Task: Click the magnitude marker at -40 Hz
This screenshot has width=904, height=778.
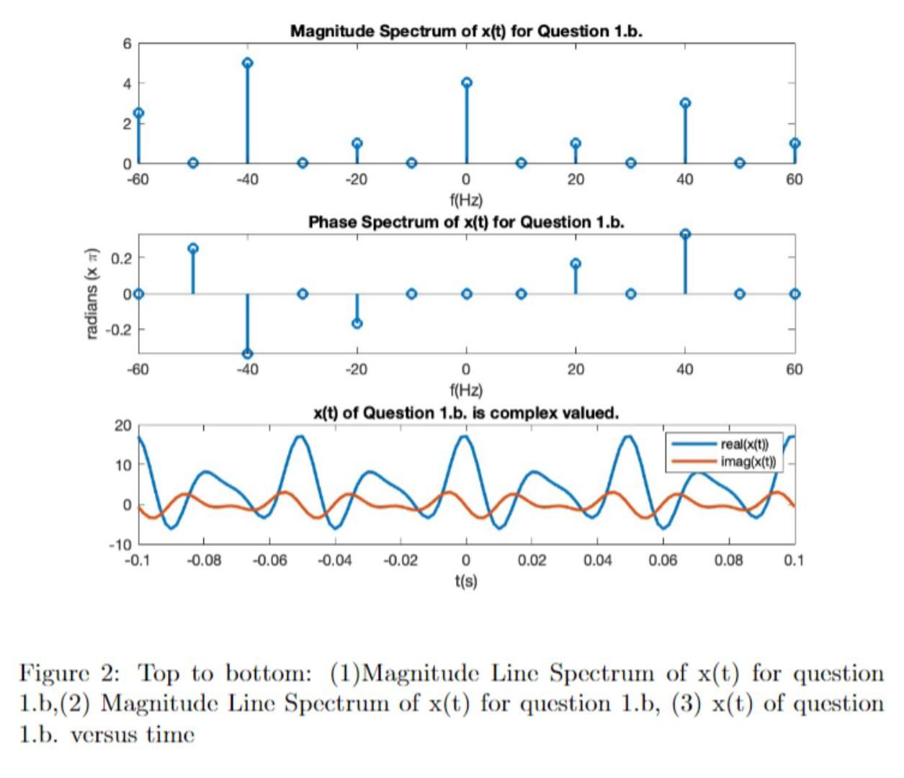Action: pos(248,63)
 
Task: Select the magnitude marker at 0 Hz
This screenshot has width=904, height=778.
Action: pos(467,82)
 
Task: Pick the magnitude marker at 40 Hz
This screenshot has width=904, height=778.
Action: pos(685,103)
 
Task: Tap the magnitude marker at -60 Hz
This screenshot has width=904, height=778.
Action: pos(138,113)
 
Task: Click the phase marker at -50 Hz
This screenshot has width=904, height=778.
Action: pos(193,249)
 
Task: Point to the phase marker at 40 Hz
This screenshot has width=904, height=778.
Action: pos(685,234)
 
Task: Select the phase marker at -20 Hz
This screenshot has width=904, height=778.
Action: pos(357,323)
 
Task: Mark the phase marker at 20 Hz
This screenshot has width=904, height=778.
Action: pos(576,264)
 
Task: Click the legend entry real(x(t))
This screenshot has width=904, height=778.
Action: pos(744,444)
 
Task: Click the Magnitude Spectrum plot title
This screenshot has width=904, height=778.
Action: pos(466,31)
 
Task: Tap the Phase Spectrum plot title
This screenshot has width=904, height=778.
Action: pos(466,222)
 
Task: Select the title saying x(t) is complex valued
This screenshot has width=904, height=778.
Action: pos(466,413)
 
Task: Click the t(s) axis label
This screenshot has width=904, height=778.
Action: pos(466,580)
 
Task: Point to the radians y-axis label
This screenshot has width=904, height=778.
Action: pos(91,293)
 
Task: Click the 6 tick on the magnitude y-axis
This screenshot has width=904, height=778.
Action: pos(127,44)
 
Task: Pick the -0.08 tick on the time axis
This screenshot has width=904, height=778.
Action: pos(204,560)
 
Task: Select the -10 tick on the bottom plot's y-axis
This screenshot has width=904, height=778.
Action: pos(120,544)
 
